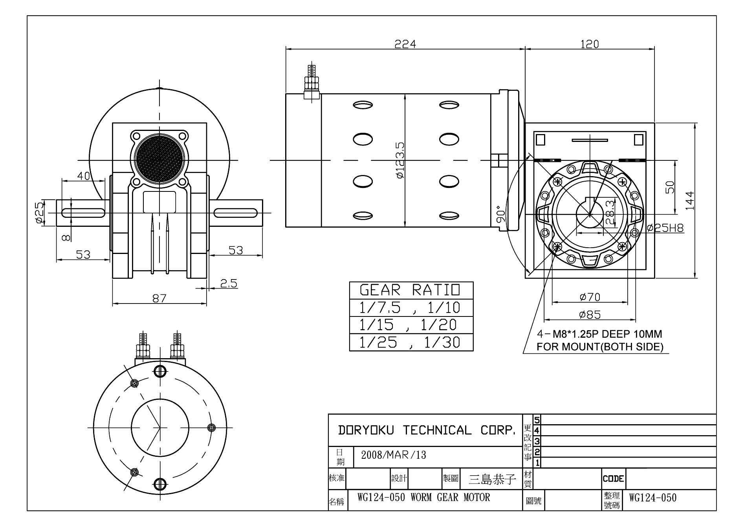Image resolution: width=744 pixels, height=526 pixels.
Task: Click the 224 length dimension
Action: coord(405,44)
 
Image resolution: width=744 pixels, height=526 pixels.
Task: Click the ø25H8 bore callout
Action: coord(665,228)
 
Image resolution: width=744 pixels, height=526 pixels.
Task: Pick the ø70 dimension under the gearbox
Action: coord(590,297)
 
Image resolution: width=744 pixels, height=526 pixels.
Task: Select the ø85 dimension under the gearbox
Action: coord(590,314)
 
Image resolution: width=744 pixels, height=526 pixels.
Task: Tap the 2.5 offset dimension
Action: coord(228,283)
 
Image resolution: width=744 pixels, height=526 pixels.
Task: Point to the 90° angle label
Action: coord(500,214)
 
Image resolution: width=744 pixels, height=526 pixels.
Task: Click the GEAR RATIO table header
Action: coord(411,290)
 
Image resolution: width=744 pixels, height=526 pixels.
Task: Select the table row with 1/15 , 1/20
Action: coord(411,325)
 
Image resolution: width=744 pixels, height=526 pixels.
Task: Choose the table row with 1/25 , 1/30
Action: coord(411,342)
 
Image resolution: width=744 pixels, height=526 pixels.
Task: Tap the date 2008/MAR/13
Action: coord(393,455)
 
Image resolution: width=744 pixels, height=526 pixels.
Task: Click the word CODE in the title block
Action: coord(613,478)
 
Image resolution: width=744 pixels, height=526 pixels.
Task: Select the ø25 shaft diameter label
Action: coord(39,213)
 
